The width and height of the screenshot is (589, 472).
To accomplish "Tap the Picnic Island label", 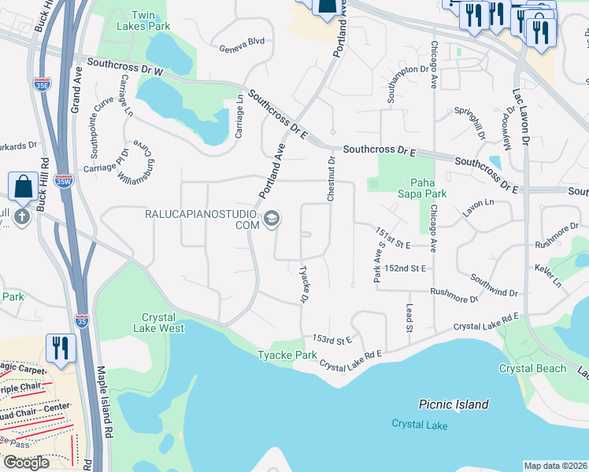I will (x=452, y=404).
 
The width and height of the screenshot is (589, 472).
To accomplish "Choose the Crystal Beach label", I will (x=532, y=368).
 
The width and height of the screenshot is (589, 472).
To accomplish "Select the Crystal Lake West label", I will (x=163, y=323).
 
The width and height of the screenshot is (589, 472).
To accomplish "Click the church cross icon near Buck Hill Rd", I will (x=20, y=216).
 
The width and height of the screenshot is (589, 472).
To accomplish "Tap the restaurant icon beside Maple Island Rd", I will (x=59, y=347).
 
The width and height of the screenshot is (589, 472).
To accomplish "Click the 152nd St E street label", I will (x=406, y=268).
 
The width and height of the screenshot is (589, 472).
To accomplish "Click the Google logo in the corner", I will (x=26, y=463).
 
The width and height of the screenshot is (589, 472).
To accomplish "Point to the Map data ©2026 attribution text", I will (x=555, y=466).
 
